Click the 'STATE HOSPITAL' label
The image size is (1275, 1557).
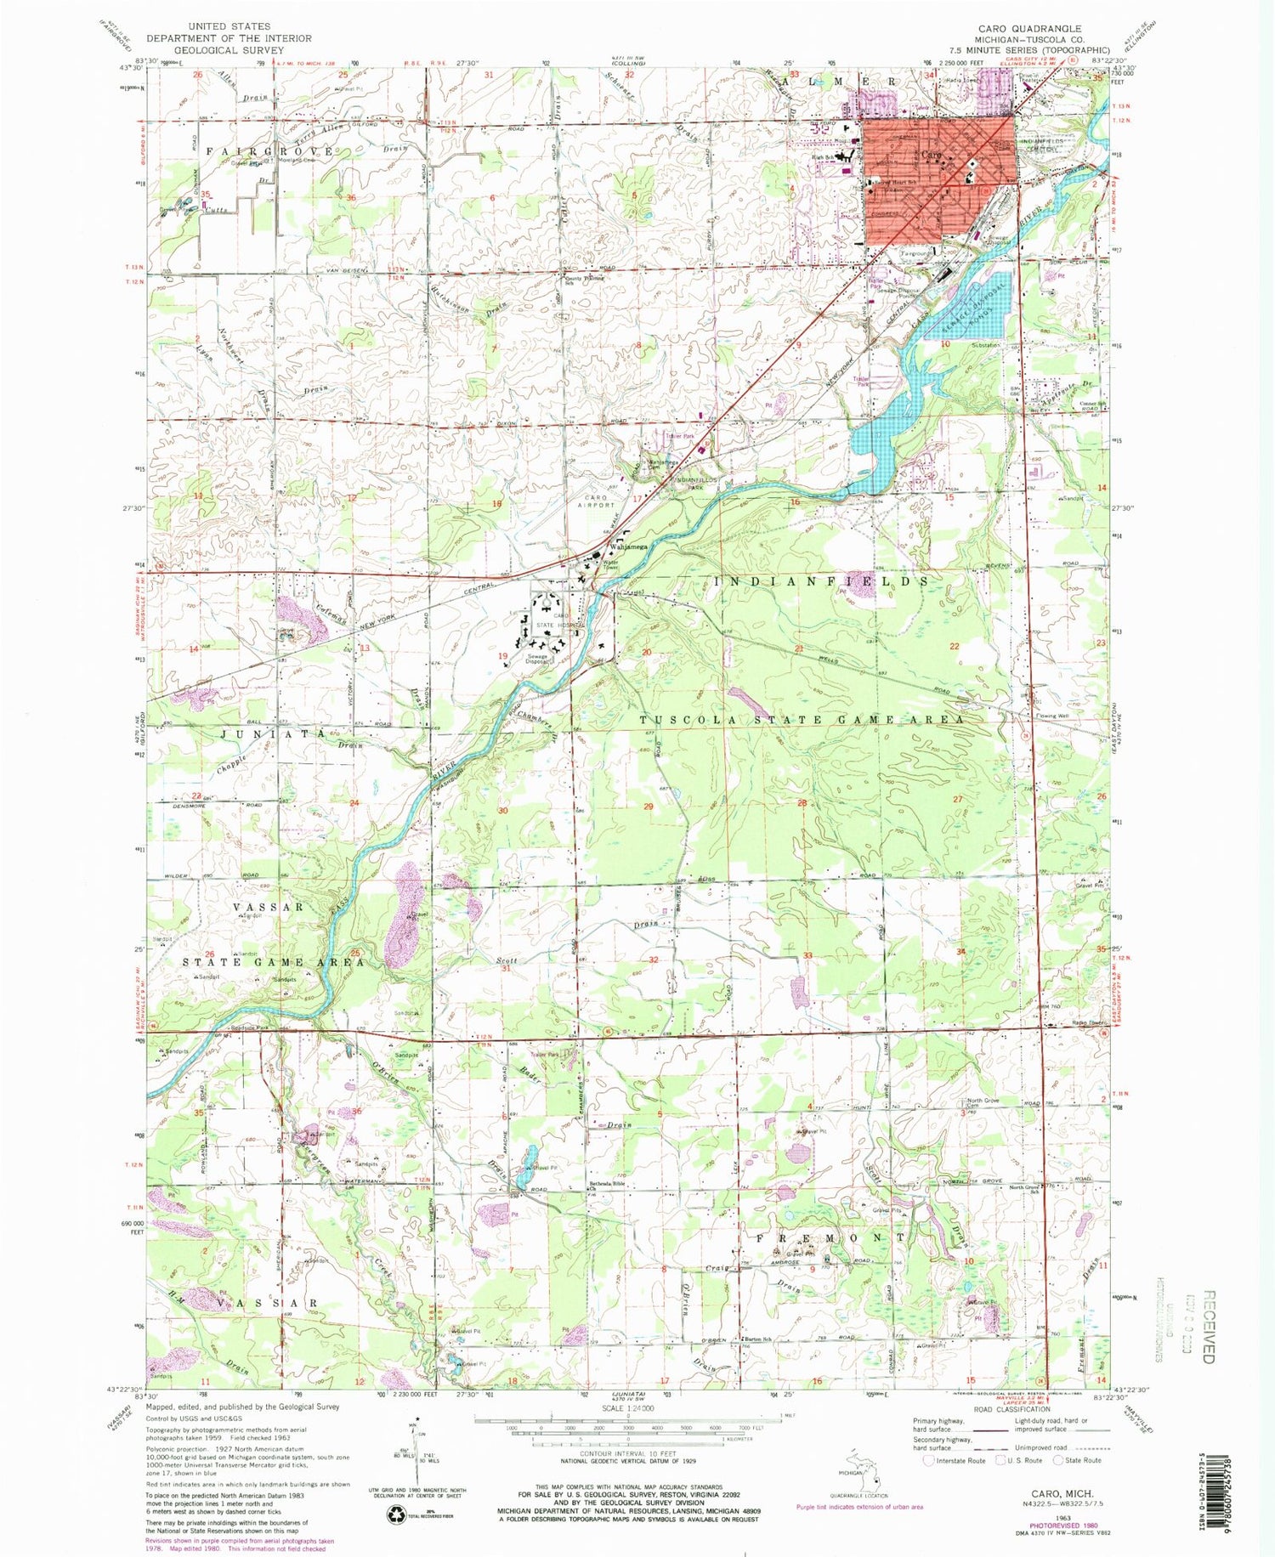pos(555,625)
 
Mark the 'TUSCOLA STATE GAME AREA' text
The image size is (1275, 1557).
pos(802,720)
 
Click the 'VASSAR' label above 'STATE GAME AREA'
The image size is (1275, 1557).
pos(269,907)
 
